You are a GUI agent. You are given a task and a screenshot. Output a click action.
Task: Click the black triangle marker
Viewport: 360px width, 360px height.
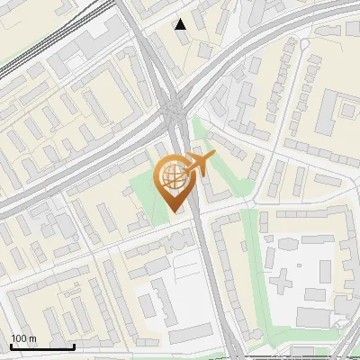coord(181,23)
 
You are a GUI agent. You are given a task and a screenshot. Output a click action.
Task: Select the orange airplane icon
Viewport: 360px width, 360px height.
coord(200,165)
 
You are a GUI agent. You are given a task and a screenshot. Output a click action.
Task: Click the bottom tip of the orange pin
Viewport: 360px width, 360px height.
coord(173,211)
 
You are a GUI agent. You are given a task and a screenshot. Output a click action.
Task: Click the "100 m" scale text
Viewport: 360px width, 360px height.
coord(23,338)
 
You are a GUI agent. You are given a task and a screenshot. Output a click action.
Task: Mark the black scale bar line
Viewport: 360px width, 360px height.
coord(42,346)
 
